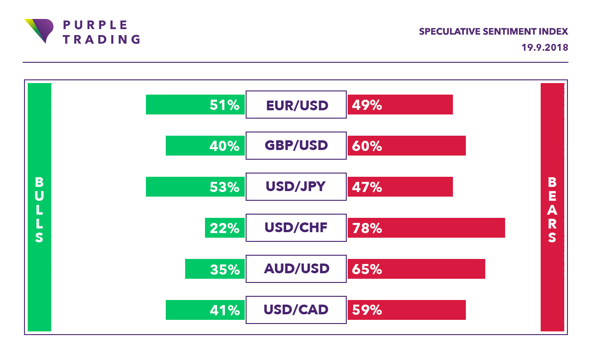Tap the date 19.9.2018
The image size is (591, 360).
tap(545, 48)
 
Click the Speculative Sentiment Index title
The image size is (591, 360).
tap(493, 32)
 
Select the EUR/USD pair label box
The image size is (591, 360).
tap(296, 105)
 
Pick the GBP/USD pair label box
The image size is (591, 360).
tap(296, 145)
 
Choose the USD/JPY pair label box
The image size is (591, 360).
tap(296, 186)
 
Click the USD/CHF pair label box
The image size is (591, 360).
tap(296, 228)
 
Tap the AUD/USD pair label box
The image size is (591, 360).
tap(296, 269)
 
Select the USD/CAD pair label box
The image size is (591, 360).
tap(296, 310)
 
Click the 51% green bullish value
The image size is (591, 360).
tap(224, 105)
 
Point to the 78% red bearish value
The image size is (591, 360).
tap(367, 228)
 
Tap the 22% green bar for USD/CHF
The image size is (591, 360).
tap(224, 228)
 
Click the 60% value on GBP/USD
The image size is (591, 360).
tap(367, 146)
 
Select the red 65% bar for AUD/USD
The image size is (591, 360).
tap(416, 269)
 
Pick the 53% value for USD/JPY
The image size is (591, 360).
tap(224, 187)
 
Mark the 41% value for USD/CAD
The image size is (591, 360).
tap(224, 310)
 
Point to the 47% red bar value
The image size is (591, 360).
tap(367, 187)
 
